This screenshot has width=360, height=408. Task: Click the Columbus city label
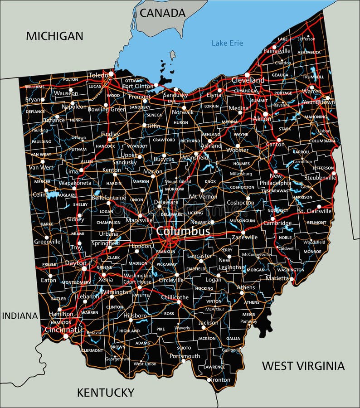(x=183, y=231)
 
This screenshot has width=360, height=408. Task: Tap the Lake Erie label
(x=227, y=43)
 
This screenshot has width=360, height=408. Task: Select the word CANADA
(x=162, y=13)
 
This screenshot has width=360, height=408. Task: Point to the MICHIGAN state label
(x=54, y=36)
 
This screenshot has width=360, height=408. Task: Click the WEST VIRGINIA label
(x=303, y=365)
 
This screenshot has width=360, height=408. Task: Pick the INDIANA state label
(x=19, y=316)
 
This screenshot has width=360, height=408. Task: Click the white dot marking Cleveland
(x=247, y=75)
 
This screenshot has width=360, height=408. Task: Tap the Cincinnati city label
(x=62, y=330)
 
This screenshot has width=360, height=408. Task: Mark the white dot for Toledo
(x=111, y=73)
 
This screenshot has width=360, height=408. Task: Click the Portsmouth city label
(x=185, y=356)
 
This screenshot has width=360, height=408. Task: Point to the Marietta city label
(x=277, y=278)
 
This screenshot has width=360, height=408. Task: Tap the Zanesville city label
(x=244, y=237)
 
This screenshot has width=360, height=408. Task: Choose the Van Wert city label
(x=41, y=167)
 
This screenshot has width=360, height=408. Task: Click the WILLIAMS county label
(x=35, y=87)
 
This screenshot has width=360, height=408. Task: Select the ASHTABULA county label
(x=309, y=52)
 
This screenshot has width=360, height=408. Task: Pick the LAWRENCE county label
(x=214, y=367)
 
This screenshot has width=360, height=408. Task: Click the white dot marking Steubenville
(x=334, y=173)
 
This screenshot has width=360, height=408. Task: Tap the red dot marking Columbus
(x=169, y=239)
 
